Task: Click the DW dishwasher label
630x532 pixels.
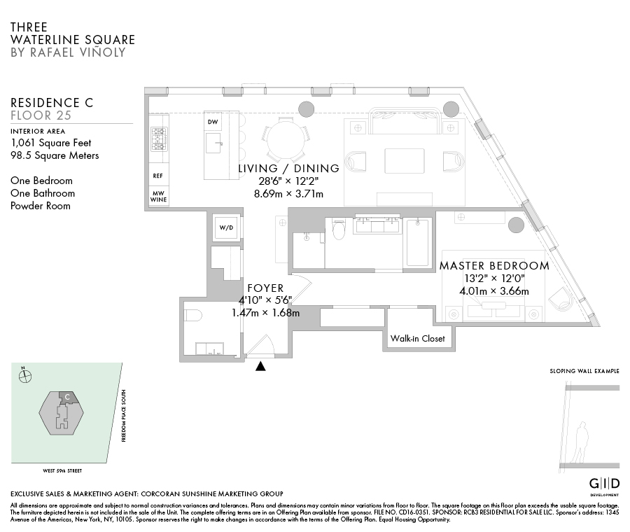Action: coord(213,122)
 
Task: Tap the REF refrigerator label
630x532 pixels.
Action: coord(157,176)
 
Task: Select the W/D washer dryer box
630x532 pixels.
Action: coord(226,227)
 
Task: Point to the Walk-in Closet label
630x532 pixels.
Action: coord(417,339)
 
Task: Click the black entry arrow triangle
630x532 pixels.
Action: coord(261,365)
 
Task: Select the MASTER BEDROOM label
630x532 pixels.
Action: coord(493,266)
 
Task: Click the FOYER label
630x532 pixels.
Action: coord(265,288)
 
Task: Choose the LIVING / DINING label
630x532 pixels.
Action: coord(288,169)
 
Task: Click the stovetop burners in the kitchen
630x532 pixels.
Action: coord(159,140)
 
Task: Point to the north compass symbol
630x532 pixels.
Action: coord(26,376)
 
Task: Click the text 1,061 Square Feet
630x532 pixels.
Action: coord(50,143)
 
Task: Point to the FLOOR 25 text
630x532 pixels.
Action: coord(42,115)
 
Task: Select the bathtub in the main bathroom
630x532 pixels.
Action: coord(417,242)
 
